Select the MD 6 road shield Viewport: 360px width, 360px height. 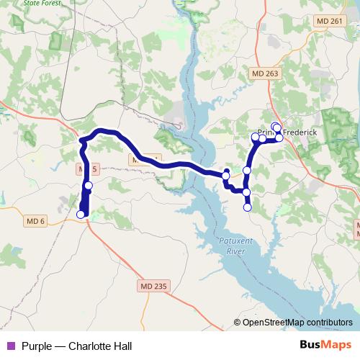[x=34, y=221]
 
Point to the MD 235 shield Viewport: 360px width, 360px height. [x=152, y=286]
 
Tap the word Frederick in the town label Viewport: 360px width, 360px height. [x=302, y=141]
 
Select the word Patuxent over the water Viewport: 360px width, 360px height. [x=231, y=242]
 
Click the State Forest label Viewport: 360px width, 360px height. [x=20, y=4]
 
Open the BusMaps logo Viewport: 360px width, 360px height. [x=326, y=345]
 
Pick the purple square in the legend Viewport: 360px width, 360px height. [x=11, y=346]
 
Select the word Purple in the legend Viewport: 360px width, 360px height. [x=37, y=346]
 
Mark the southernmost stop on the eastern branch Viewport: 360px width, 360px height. [x=248, y=207]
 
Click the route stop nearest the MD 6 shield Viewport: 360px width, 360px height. [x=81, y=214]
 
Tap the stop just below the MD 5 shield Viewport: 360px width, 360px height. [x=89, y=186]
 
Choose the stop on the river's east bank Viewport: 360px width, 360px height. [x=226, y=175]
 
